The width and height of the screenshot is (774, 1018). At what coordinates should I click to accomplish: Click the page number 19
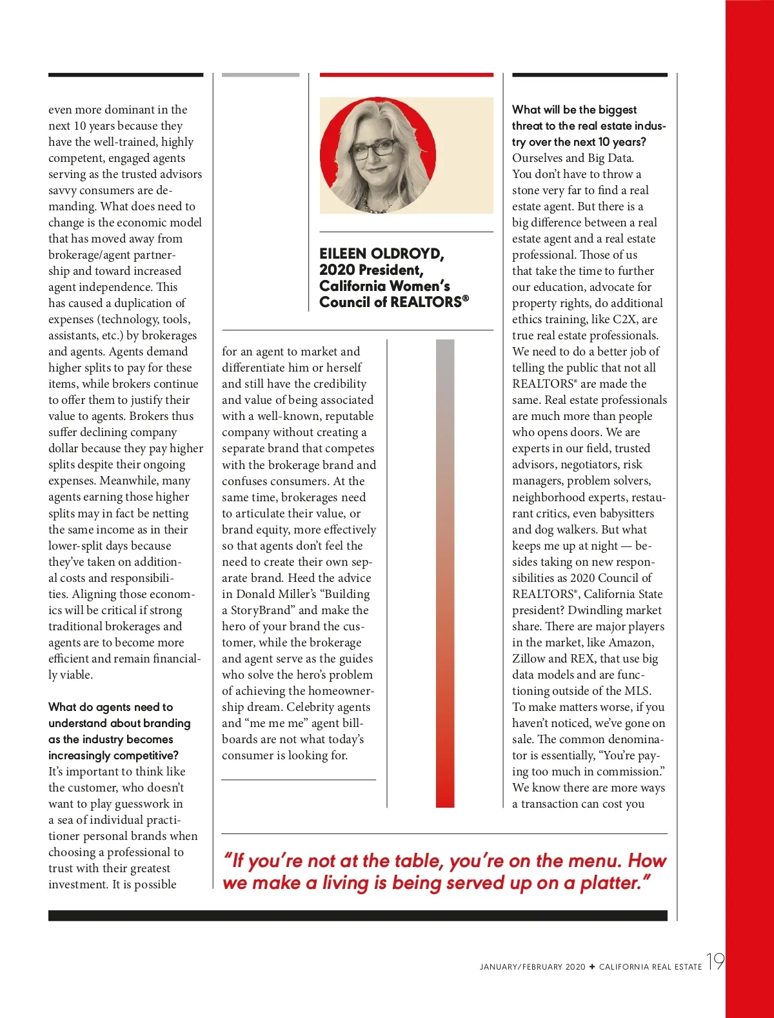[x=715, y=961]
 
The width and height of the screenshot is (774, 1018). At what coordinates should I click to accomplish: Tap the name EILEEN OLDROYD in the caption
[x=381, y=254]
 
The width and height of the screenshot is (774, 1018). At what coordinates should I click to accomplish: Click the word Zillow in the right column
[x=528, y=659]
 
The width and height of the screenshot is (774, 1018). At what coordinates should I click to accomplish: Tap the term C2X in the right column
[x=624, y=319]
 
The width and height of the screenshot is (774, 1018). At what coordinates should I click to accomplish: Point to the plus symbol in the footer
[x=592, y=966]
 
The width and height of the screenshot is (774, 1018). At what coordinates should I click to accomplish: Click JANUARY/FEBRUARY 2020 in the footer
[x=532, y=966]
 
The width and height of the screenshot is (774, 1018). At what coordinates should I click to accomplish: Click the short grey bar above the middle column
[x=261, y=75]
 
